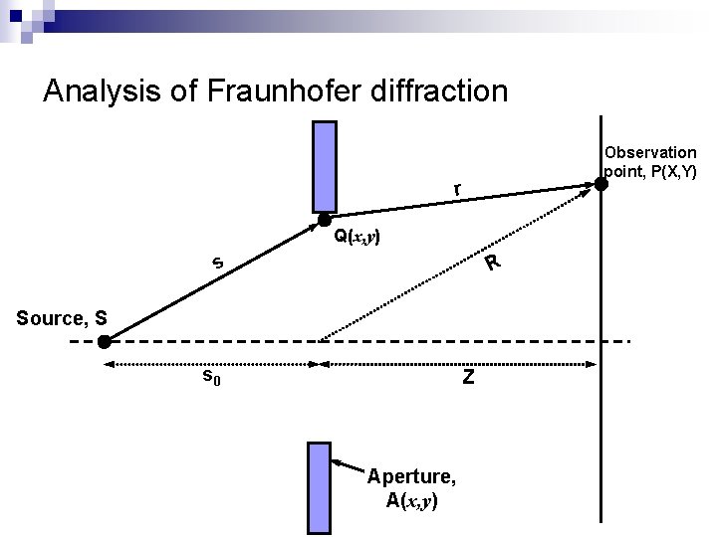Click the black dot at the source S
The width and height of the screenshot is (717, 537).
[104, 342]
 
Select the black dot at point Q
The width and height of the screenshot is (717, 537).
[324, 224]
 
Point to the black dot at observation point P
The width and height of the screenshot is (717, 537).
[601, 183]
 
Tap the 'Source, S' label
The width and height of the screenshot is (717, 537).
[62, 318]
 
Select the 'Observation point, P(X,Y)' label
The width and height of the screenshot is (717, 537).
[651, 162]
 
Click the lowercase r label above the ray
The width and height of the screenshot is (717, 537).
[456, 189]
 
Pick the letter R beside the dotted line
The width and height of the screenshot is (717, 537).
[492, 264]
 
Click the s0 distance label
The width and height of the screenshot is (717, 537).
[211, 377]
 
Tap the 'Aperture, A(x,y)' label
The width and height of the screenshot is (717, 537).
[411, 487]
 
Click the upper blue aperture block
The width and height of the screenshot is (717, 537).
[324, 166]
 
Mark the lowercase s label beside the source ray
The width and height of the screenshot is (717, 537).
[216, 264]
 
